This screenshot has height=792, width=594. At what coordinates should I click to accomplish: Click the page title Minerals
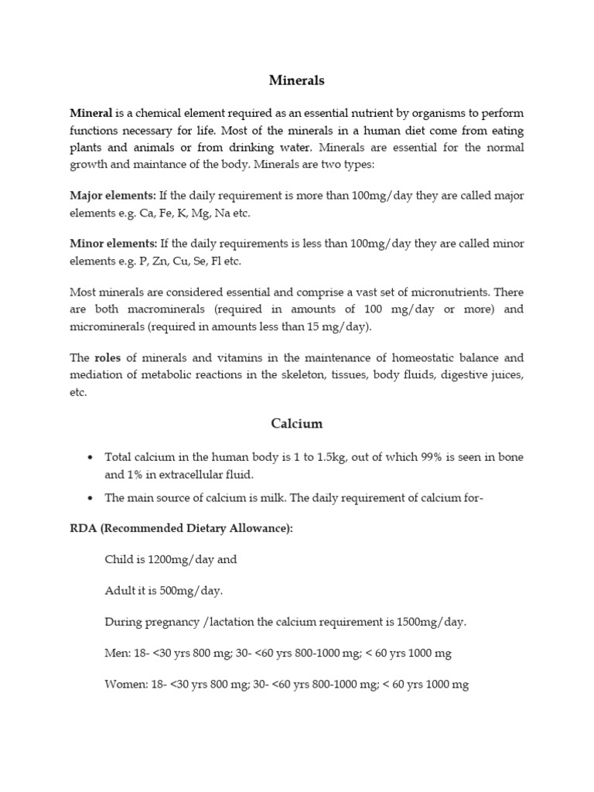(297, 80)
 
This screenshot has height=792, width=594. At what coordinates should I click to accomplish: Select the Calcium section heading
(297, 424)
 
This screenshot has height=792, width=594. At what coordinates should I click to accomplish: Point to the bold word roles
(108, 358)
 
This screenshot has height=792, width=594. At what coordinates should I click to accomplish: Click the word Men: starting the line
(118, 654)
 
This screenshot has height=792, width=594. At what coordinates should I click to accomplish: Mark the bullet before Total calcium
(91, 458)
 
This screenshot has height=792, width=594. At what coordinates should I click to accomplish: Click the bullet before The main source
(91, 498)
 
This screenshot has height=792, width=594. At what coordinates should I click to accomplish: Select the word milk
(271, 498)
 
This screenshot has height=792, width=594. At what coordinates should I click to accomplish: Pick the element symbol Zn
(159, 261)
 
